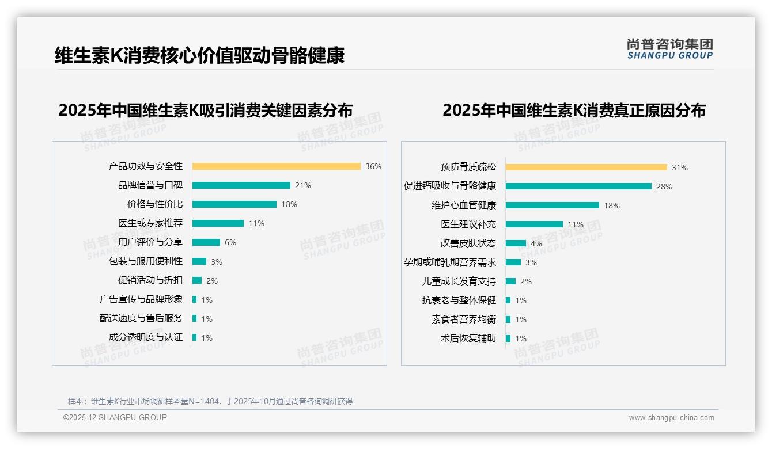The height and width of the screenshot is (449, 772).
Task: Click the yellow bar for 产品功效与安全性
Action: coord(276,166)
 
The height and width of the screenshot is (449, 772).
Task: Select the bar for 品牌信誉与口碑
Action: coord(241,185)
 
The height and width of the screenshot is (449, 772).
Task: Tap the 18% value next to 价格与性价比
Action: coord(289,204)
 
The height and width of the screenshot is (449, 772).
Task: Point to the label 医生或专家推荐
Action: coord(150,223)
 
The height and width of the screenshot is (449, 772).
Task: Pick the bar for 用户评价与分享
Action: coord(206,242)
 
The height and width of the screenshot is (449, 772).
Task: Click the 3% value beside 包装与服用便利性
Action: coord(217,262)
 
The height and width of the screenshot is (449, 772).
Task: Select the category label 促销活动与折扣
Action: coord(150,280)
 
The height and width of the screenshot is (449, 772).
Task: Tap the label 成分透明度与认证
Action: coord(146,337)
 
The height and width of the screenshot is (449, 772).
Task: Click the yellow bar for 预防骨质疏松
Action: coord(586,168)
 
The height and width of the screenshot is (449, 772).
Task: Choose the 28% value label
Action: coord(664,187)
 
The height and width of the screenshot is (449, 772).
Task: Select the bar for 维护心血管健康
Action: coord(552,206)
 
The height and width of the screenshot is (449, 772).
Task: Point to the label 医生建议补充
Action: coord(468,224)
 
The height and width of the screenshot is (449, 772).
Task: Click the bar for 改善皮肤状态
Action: coord(516,243)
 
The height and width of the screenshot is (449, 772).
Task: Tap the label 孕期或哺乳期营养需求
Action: coord(450,262)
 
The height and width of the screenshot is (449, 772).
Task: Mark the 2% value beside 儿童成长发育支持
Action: coord(526,281)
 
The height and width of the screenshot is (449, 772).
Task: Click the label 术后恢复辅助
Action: coord(468,338)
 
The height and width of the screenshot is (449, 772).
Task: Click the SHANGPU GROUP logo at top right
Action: coord(669,49)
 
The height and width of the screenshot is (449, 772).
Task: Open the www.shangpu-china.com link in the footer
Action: coord(671,418)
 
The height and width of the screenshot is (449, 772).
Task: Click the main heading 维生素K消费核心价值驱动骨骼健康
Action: coord(199,56)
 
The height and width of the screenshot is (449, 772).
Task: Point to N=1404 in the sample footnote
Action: coord(205,401)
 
